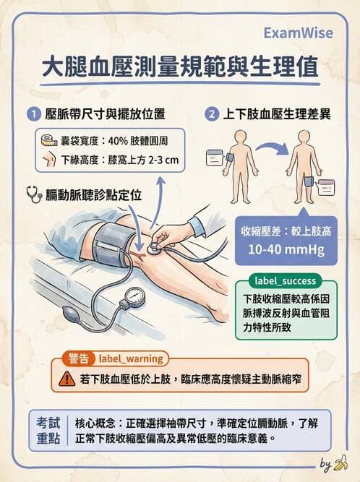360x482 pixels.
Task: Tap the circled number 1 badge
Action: (x=33, y=114)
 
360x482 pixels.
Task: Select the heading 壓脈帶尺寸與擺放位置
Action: (x=105, y=114)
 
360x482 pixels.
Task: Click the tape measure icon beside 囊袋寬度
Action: (x=49, y=140)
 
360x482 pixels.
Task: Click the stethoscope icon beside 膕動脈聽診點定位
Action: (x=33, y=194)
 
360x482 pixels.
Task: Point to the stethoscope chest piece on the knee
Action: (x=153, y=246)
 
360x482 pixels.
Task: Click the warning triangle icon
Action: (x=67, y=377)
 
